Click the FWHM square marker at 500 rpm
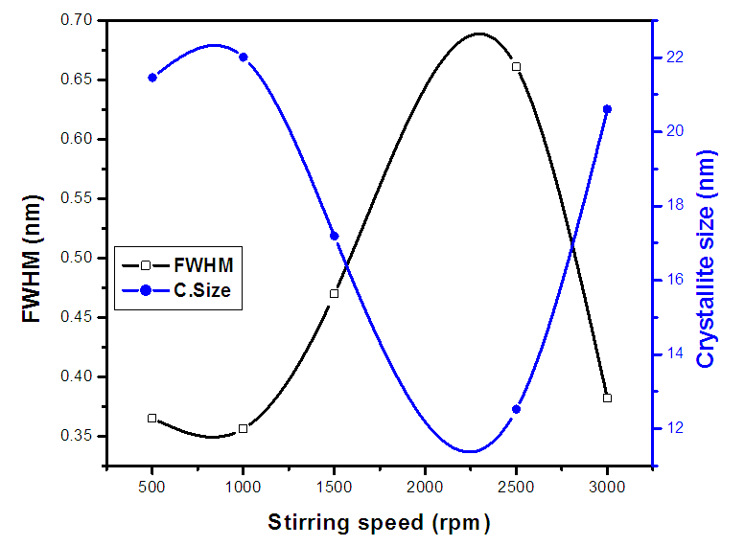(x=151, y=419)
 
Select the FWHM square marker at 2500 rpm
(x=516, y=67)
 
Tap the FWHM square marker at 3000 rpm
(x=607, y=398)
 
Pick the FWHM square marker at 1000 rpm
(x=243, y=428)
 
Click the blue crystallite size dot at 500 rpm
(x=151, y=78)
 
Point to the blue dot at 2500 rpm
(x=516, y=409)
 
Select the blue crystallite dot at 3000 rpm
(x=607, y=109)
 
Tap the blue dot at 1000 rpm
(x=243, y=57)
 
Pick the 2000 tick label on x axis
(x=425, y=486)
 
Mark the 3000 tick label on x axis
(x=607, y=486)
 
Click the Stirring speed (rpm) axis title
(x=379, y=522)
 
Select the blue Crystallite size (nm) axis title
(x=708, y=259)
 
